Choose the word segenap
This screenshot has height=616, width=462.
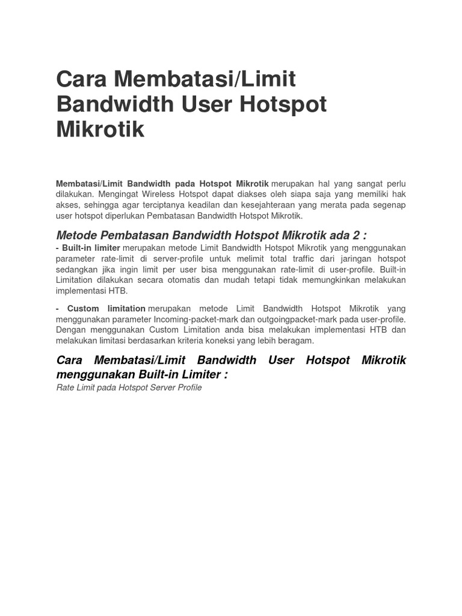(390, 205)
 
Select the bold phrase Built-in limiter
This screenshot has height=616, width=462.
(91, 248)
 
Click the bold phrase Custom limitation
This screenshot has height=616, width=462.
(106, 309)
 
